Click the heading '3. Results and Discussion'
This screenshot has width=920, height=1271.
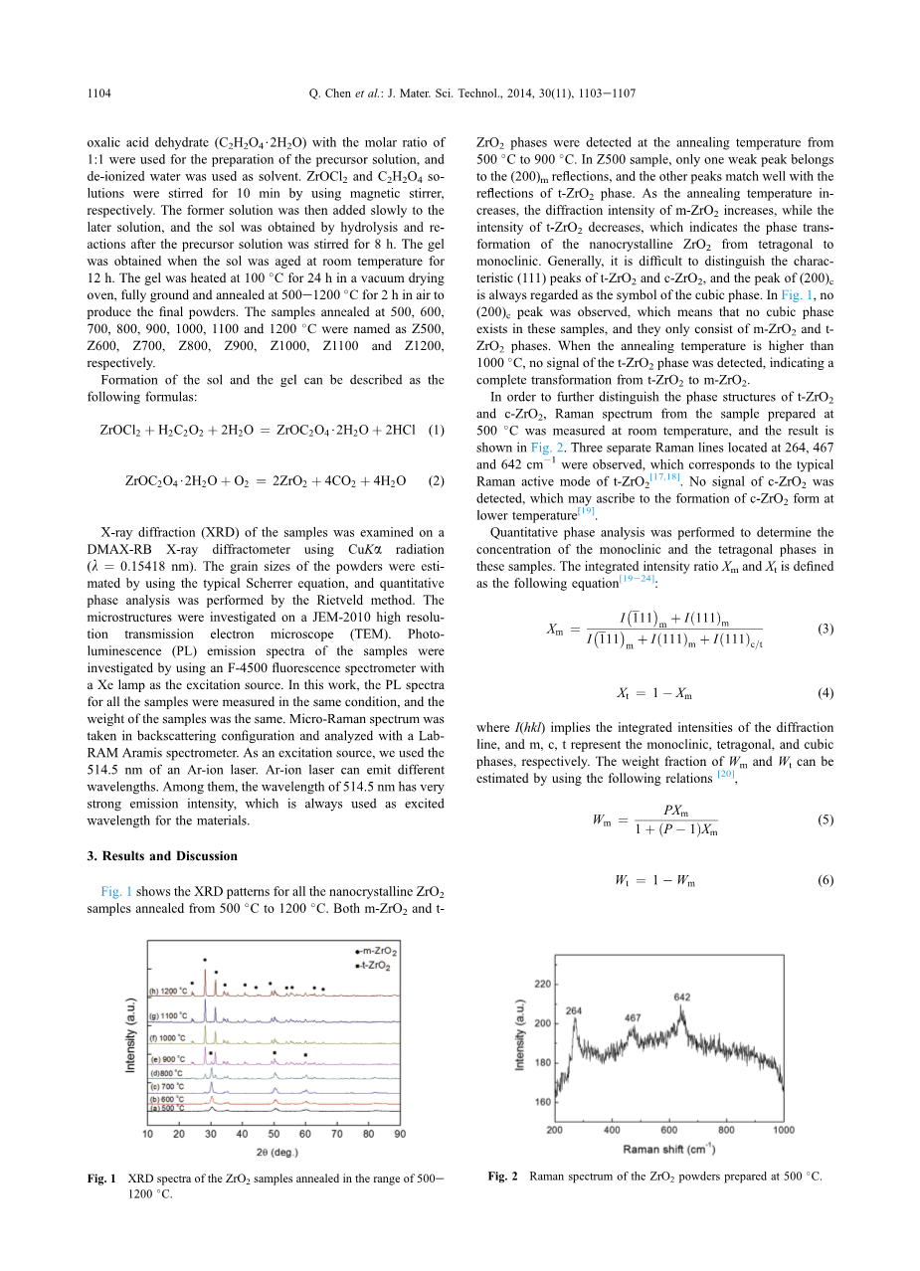coord(162,855)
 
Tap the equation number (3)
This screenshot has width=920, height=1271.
coord(825,629)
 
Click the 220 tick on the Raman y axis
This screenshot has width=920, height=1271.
coord(542,984)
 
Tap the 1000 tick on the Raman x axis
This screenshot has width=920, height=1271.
coord(784,1131)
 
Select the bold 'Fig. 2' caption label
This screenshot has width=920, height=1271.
coord(502,1177)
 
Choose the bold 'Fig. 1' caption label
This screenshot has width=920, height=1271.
coord(102,1180)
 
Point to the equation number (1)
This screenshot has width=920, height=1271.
coord(435,430)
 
